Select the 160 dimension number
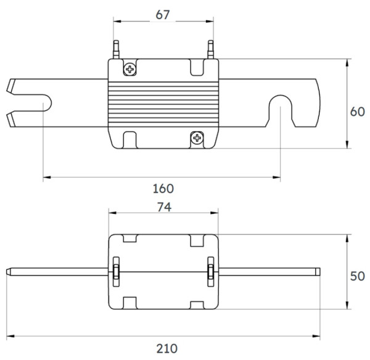tap(163, 188)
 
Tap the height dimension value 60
tap(358, 112)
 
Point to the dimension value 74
tap(163, 208)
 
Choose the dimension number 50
tap(358, 276)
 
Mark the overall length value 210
tap(163, 348)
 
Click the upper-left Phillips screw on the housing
tap(130, 69)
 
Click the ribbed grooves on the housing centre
tap(163, 103)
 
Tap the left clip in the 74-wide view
tap(115, 271)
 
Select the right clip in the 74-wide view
tap(212, 271)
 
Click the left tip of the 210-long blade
tap(7, 271)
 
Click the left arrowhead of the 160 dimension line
tap(46, 178)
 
